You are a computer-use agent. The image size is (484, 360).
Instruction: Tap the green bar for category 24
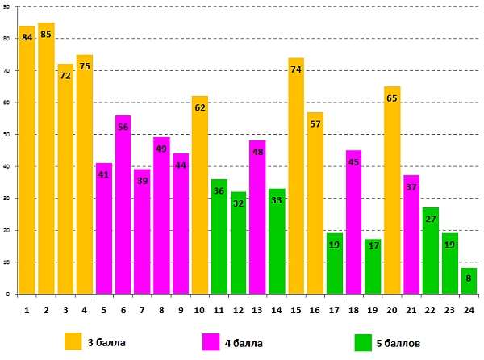[x=469, y=282]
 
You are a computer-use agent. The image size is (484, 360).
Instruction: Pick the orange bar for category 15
[x=296, y=178]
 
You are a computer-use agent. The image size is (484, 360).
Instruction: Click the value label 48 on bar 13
[x=257, y=151]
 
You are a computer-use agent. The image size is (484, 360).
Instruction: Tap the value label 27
[x=431, y=218]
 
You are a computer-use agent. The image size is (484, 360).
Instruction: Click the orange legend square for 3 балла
[x=74, y=341]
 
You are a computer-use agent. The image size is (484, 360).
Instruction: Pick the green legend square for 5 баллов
[x=364, y=341]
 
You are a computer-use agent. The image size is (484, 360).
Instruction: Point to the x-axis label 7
[x=142, y=309]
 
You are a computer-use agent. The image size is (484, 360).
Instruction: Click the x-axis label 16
[x=315, y=309]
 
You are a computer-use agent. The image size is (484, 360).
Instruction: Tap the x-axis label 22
[x=430, y=309]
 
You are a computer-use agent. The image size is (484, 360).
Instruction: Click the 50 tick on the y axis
[x=6, y=135]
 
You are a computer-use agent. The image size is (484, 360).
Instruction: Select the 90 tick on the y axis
[x=6, y=6]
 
